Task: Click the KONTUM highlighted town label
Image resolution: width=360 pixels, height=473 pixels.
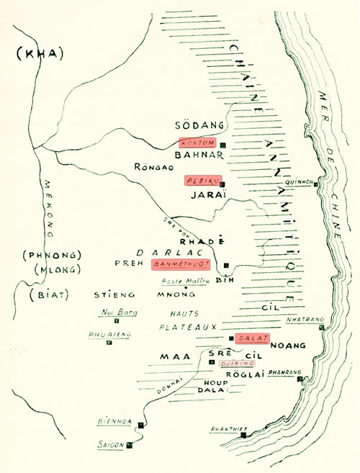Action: coord(197,142)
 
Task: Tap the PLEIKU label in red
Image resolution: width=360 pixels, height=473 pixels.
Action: coord(203,180)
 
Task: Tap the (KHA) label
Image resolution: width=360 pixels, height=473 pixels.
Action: coord(40,53)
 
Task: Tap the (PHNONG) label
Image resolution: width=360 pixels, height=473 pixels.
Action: coord(44,255)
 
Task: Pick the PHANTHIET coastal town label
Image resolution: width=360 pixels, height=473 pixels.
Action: coord(229,429)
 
